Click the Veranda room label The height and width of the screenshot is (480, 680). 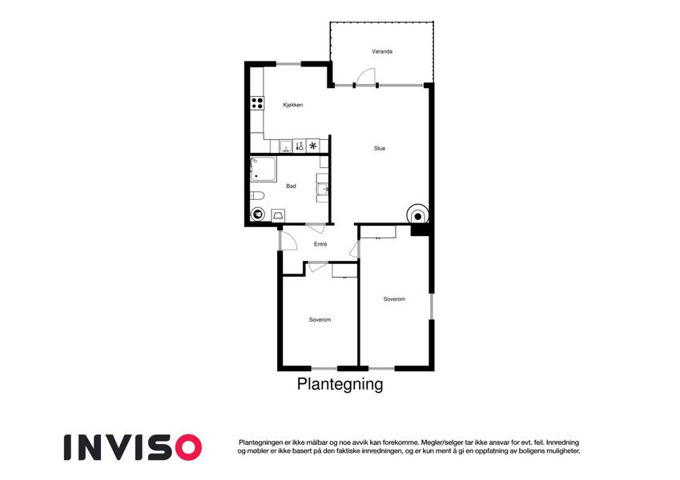click(382, 51)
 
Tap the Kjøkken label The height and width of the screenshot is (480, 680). click(292, 105)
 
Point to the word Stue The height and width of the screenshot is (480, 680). click(380, 148)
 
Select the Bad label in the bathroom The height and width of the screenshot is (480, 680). click(291, 186)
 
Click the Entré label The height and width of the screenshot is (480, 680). click(320, 244)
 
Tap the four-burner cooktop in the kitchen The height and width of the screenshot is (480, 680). click(257, 103)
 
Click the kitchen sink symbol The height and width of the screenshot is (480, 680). click(286, 146)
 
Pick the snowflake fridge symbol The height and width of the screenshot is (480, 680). click(312, 146)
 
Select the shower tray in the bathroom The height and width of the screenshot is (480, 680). click(263, 169)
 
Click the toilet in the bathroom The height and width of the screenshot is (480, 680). click(257, 196)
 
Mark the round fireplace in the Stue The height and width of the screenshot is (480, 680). click(417, 215)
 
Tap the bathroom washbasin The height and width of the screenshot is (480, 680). click(323, 190)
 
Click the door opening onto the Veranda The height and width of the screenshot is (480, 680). click(365, 78)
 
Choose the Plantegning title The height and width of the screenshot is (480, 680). click(340, 384)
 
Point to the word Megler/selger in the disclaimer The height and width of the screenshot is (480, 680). click(439, 442)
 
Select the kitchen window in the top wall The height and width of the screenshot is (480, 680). click(288, 64)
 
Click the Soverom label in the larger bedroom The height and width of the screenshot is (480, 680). click(394, 299)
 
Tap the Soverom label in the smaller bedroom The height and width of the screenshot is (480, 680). click(320, 320)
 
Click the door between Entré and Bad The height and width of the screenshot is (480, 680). click(316, 227)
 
